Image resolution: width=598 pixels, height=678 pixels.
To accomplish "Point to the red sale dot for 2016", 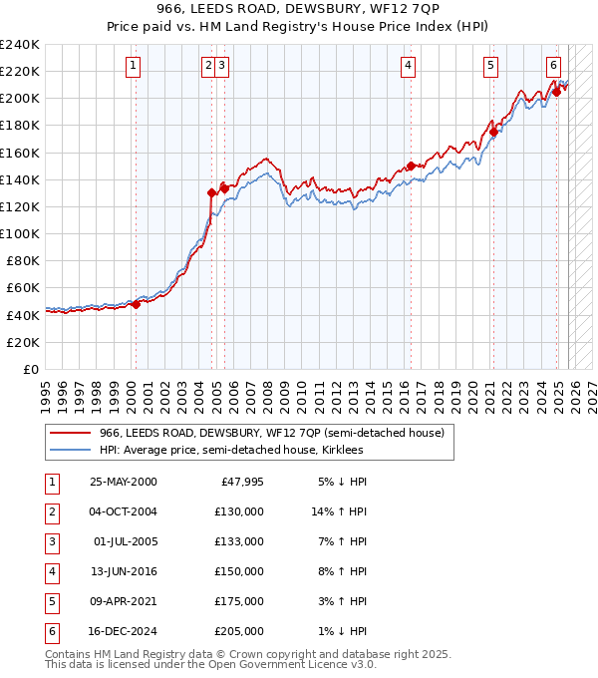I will (410, 167).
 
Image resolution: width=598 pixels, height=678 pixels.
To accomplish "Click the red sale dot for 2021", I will (493, 132).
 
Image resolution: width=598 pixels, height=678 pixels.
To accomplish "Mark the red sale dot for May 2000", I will (136, 304).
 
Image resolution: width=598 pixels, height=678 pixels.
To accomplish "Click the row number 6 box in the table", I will (51, 631).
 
